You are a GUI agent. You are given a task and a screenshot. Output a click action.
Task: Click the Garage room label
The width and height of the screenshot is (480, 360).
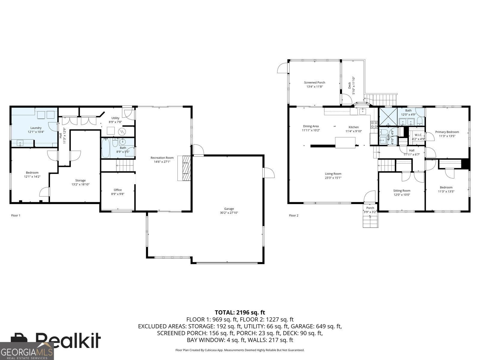pyautogui.click(x=229, y=209)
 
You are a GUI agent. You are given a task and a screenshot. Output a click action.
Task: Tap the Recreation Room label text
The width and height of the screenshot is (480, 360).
pyautogui.click(x=162, y=158)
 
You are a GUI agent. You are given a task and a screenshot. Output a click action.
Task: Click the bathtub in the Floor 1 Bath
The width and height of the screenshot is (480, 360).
pyautogui.click(x=106, y=148)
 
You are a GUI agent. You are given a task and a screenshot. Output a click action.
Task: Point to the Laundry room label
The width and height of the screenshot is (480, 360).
pyautogui.click(x=36, y=128)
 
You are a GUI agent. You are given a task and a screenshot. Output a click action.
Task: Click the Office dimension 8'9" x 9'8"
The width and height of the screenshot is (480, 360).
pyautogui.click(x=118, y=194)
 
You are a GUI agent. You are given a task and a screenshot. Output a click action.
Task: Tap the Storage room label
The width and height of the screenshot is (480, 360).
pyautogui.click(x=80, y=180)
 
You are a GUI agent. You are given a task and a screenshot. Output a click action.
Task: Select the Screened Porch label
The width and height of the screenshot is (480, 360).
pyautogui.click(x=314, y=82)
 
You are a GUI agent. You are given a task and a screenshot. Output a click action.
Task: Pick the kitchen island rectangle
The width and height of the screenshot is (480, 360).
pyautogui.click(x=345, y=142)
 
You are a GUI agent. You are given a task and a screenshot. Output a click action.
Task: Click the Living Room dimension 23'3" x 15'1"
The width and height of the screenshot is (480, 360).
pyautogui.click(x=333, y=178)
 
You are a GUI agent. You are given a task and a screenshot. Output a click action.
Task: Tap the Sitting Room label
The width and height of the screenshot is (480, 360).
pyautogui.click(x=402, y=190)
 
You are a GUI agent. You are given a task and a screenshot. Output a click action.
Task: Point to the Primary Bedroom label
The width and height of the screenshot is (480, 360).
pyautogui.click(x=447, y=132)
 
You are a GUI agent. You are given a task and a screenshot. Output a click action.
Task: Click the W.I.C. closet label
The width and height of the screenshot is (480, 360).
pyautogui.click(x=418, y=135)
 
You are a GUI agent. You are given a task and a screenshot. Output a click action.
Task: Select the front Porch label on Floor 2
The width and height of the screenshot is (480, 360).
pyautogui.click(x=370, y=208)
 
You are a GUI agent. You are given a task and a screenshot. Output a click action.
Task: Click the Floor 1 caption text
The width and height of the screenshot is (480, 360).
pyautogui.click(x=16, y=215)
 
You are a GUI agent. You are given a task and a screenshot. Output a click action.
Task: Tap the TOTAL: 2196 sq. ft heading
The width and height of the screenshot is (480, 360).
pyautogui.click(x=240, y=313)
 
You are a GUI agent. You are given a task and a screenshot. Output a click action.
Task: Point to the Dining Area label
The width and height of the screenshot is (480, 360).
pyautogui.click(x=311, y=126)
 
